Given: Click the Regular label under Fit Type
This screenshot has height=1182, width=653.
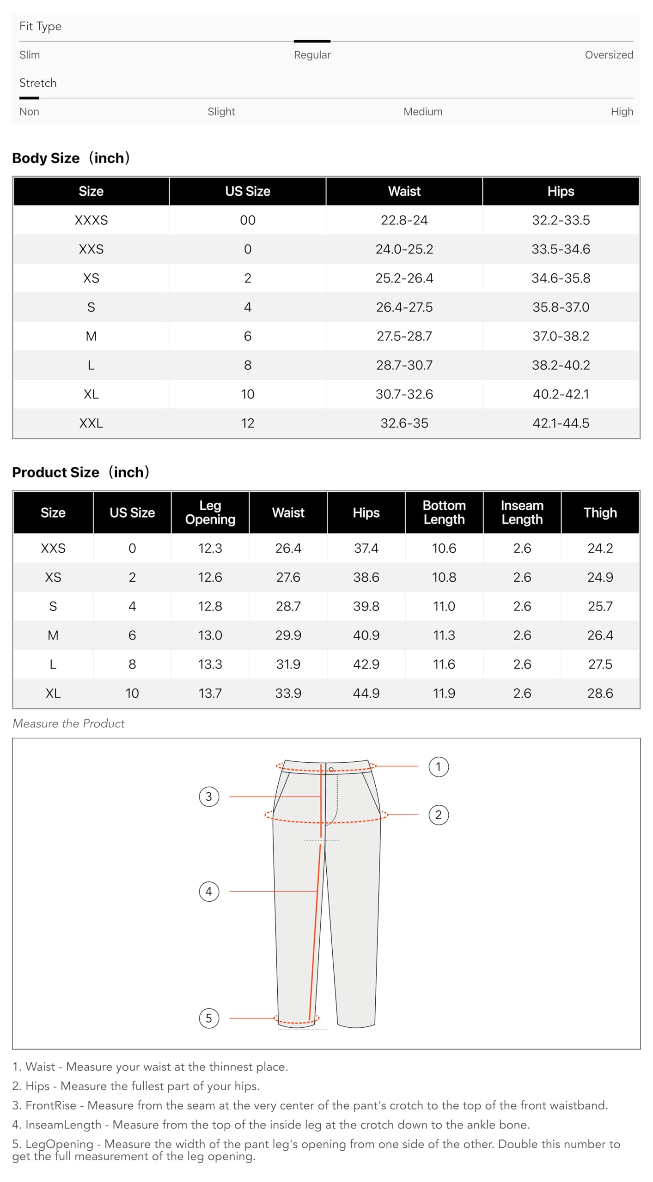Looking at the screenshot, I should tap(312, 55).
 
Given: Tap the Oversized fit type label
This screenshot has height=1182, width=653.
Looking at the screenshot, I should tap(609, 55).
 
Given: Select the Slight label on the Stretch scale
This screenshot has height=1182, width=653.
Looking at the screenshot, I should tap(221, 112).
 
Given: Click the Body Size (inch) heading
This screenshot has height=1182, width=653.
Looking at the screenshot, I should tap(71, 158).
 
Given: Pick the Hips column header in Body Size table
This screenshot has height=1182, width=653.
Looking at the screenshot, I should tap(561, 191).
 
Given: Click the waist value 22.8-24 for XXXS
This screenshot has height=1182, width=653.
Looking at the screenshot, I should tap(404, 220).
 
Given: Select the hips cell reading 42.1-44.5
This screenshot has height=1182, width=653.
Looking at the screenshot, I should tap(561, 423).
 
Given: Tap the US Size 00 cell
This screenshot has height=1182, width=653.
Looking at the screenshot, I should tap(247, 220).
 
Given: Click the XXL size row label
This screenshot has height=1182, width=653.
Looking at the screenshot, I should tap(91, 423).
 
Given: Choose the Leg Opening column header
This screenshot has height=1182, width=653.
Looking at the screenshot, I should tap(210, 513).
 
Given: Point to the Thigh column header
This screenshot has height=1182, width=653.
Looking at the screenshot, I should tap(600, 513).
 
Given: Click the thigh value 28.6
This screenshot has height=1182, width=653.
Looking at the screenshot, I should tap(600, 693).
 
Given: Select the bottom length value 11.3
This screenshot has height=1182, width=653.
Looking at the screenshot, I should tap(444, 635).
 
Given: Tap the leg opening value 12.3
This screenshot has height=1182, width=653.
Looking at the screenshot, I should tap(210, 549).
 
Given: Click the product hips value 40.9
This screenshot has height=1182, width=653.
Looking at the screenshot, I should tap(366, 635).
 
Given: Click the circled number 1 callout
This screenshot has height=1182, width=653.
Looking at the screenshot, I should tap(438, 767).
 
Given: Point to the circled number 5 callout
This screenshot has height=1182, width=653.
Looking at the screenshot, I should tap(208, 1018).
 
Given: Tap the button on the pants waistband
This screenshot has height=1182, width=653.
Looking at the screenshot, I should tap(331, 770).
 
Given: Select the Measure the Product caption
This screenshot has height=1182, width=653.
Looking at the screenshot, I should tap(68, 724).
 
